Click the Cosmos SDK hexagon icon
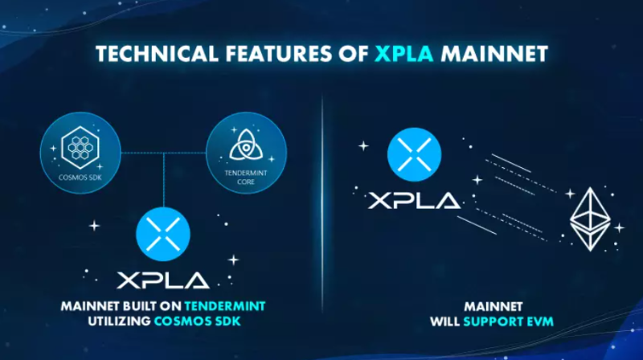click(80, 145)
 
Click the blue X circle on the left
click(164, 234)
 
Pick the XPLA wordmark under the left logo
click(164, 280)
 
